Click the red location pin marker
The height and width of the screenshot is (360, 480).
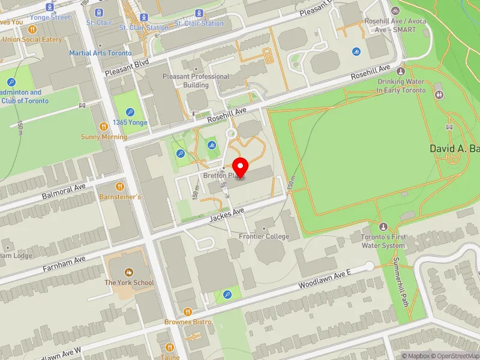coord(241,167)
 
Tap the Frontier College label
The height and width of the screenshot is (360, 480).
coord(263,236)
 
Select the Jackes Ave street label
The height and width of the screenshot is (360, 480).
coord(226,215)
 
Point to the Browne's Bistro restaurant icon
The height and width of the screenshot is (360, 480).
coord(188,312)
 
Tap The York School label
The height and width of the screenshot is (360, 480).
coord(129,283)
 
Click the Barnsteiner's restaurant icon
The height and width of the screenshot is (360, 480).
coord(119,187)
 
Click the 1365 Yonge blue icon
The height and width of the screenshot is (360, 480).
coord(130,112)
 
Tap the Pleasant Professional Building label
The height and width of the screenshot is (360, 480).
coord(196,80)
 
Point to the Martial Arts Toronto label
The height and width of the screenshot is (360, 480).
coord(100,53)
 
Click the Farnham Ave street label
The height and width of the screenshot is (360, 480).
coord(64,263)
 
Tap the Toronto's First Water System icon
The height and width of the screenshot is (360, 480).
coord(384,227)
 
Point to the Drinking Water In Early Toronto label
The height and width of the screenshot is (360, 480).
coord(400,86)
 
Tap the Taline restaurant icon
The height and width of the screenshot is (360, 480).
coord(169,347)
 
